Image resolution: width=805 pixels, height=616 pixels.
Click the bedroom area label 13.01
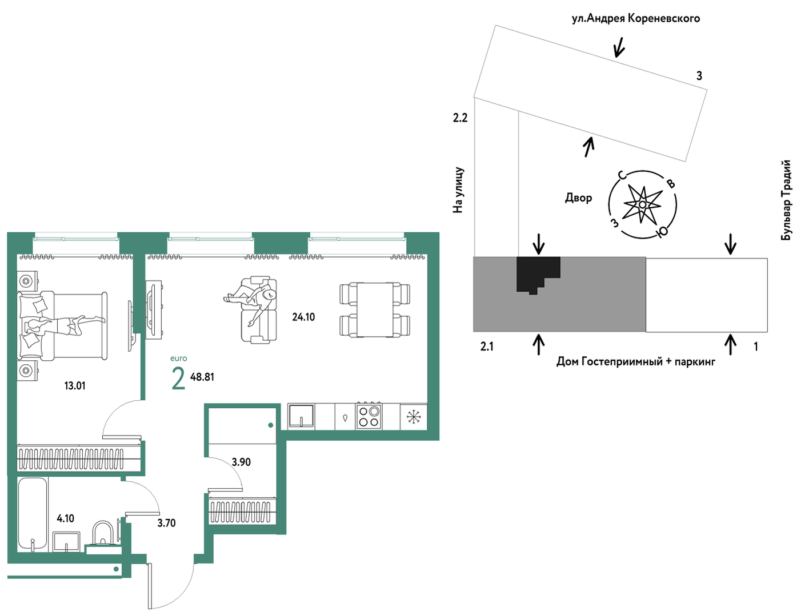[75, 386]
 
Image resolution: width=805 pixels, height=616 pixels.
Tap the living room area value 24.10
[303, 317]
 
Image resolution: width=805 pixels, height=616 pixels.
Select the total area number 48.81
[202, 377]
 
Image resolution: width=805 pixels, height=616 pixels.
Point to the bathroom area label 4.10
[65, 518]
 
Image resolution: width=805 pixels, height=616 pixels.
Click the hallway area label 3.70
[166, 523]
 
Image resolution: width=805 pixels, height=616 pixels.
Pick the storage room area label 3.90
[241, 462]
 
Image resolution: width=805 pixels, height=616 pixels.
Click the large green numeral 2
[178, 380]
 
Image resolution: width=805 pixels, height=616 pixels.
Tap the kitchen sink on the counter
[301, 416]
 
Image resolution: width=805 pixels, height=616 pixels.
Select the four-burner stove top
[369, 416]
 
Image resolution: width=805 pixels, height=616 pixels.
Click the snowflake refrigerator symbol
[412, 417]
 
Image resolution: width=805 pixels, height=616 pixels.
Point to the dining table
[375, 310]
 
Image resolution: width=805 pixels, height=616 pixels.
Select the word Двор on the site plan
[578, 198]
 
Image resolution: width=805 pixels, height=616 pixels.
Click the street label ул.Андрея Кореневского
[636, 18]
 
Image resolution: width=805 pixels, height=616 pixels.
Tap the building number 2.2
[460, 118]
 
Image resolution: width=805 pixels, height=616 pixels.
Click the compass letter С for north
[622, 175]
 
